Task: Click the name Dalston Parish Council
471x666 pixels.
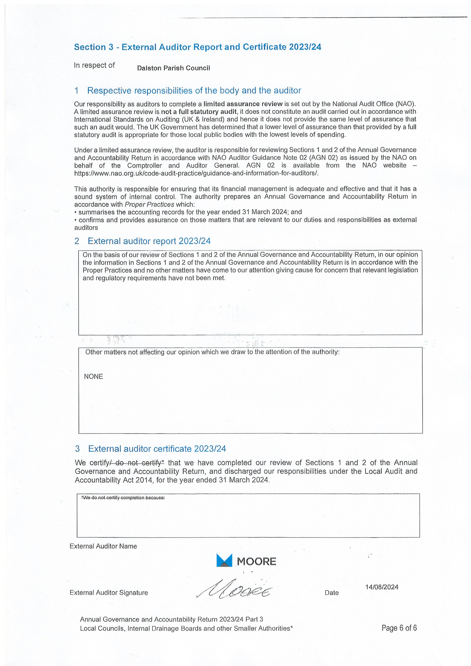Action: [173, 68]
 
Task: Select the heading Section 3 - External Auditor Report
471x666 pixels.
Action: [197, 47]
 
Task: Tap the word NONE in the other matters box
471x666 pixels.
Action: [93, 376]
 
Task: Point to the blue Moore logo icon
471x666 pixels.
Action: [224, 560]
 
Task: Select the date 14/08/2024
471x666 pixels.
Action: [382, 587]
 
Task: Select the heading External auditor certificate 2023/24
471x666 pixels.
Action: [157, 449]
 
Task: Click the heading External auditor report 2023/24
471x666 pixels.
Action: [149, 241]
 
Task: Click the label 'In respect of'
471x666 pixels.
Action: [94, 65]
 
